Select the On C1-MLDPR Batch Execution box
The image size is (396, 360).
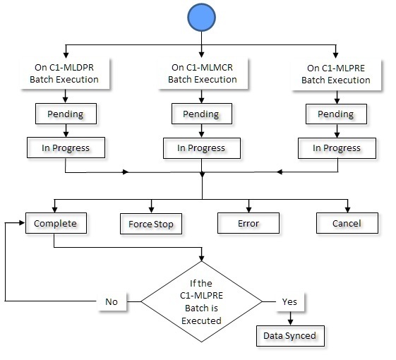pyautogui.click(x=65, y=73)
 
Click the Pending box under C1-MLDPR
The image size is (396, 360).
pyautogui.click(x=65, y=114)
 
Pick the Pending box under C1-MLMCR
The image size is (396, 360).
pyautogui.click(x=201, y=114)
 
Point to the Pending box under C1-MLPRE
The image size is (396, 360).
pyautogui.click(x=335, y=114)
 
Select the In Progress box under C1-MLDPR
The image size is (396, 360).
pyautogui.click(x=65, y=148)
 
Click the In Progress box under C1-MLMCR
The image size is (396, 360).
pyautogui.click(x=201, y=148)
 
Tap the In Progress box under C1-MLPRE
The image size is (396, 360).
pyautogui.click(x=335, y=148)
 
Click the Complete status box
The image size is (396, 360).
pyautogui.click(x=55, y=224)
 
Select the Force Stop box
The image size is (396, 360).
pyautogui.click(x=151, y=224)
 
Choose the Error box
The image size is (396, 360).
pyautogui.click(x=248, y=224)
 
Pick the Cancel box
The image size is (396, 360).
pyautogui.click(x=347, y=224)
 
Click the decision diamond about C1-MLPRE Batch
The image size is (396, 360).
pyautogui.click(x=203, y=301)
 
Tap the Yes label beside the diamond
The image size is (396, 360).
pyautogui.click(x=289, y=301)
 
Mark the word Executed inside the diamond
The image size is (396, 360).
pyautogui.click(x=203, y=320)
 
